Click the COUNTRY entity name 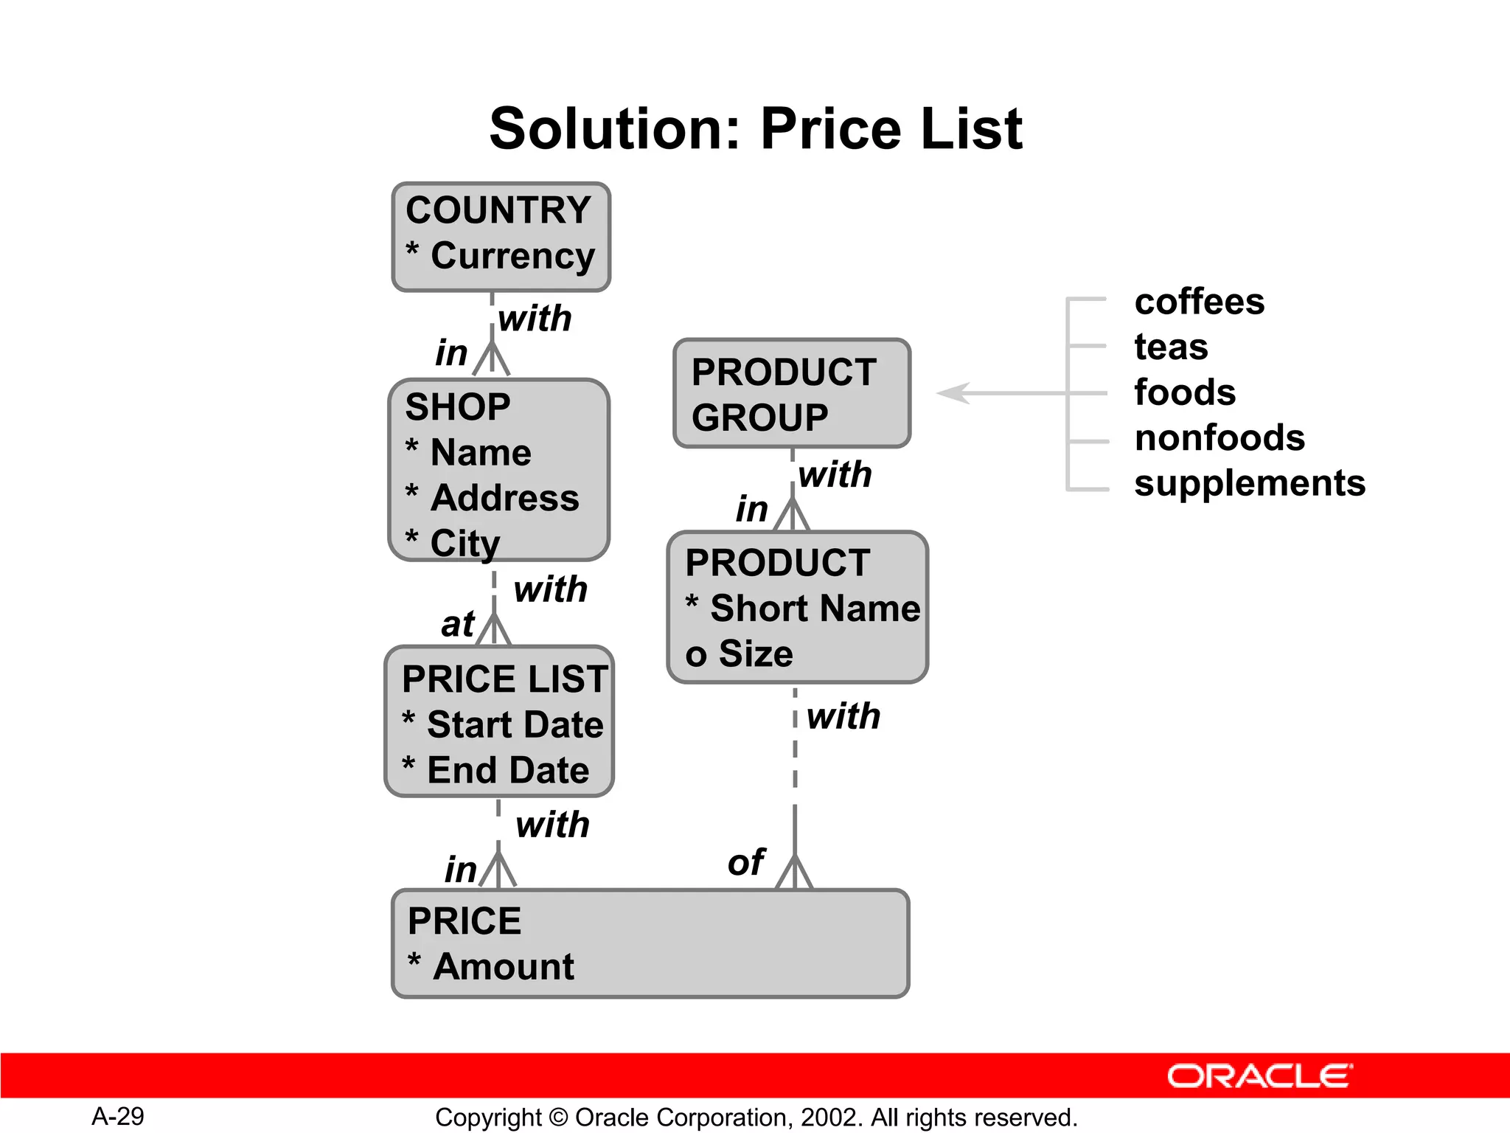[x=498, y=210]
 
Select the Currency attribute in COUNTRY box [x=512, y=256]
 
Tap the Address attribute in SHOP [x=504, y=498]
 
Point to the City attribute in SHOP [x=465, y=544]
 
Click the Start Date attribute [x=515, y=724]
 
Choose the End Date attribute [x=507, y=770]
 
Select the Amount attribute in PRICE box [x=503, y=966]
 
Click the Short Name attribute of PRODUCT [x=814, y=609]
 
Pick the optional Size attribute [x=755, y=654]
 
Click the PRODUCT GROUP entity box [x=791, y=394]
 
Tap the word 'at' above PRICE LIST [x=457, y=625]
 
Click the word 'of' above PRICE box [x=745, y=862]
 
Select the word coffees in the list [x=1199, y=302]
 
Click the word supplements [x=1249, y=483]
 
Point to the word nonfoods [x=1220, y=438]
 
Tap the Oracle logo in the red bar [x=1259, y=1076]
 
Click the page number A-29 [x=118, y=1116]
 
